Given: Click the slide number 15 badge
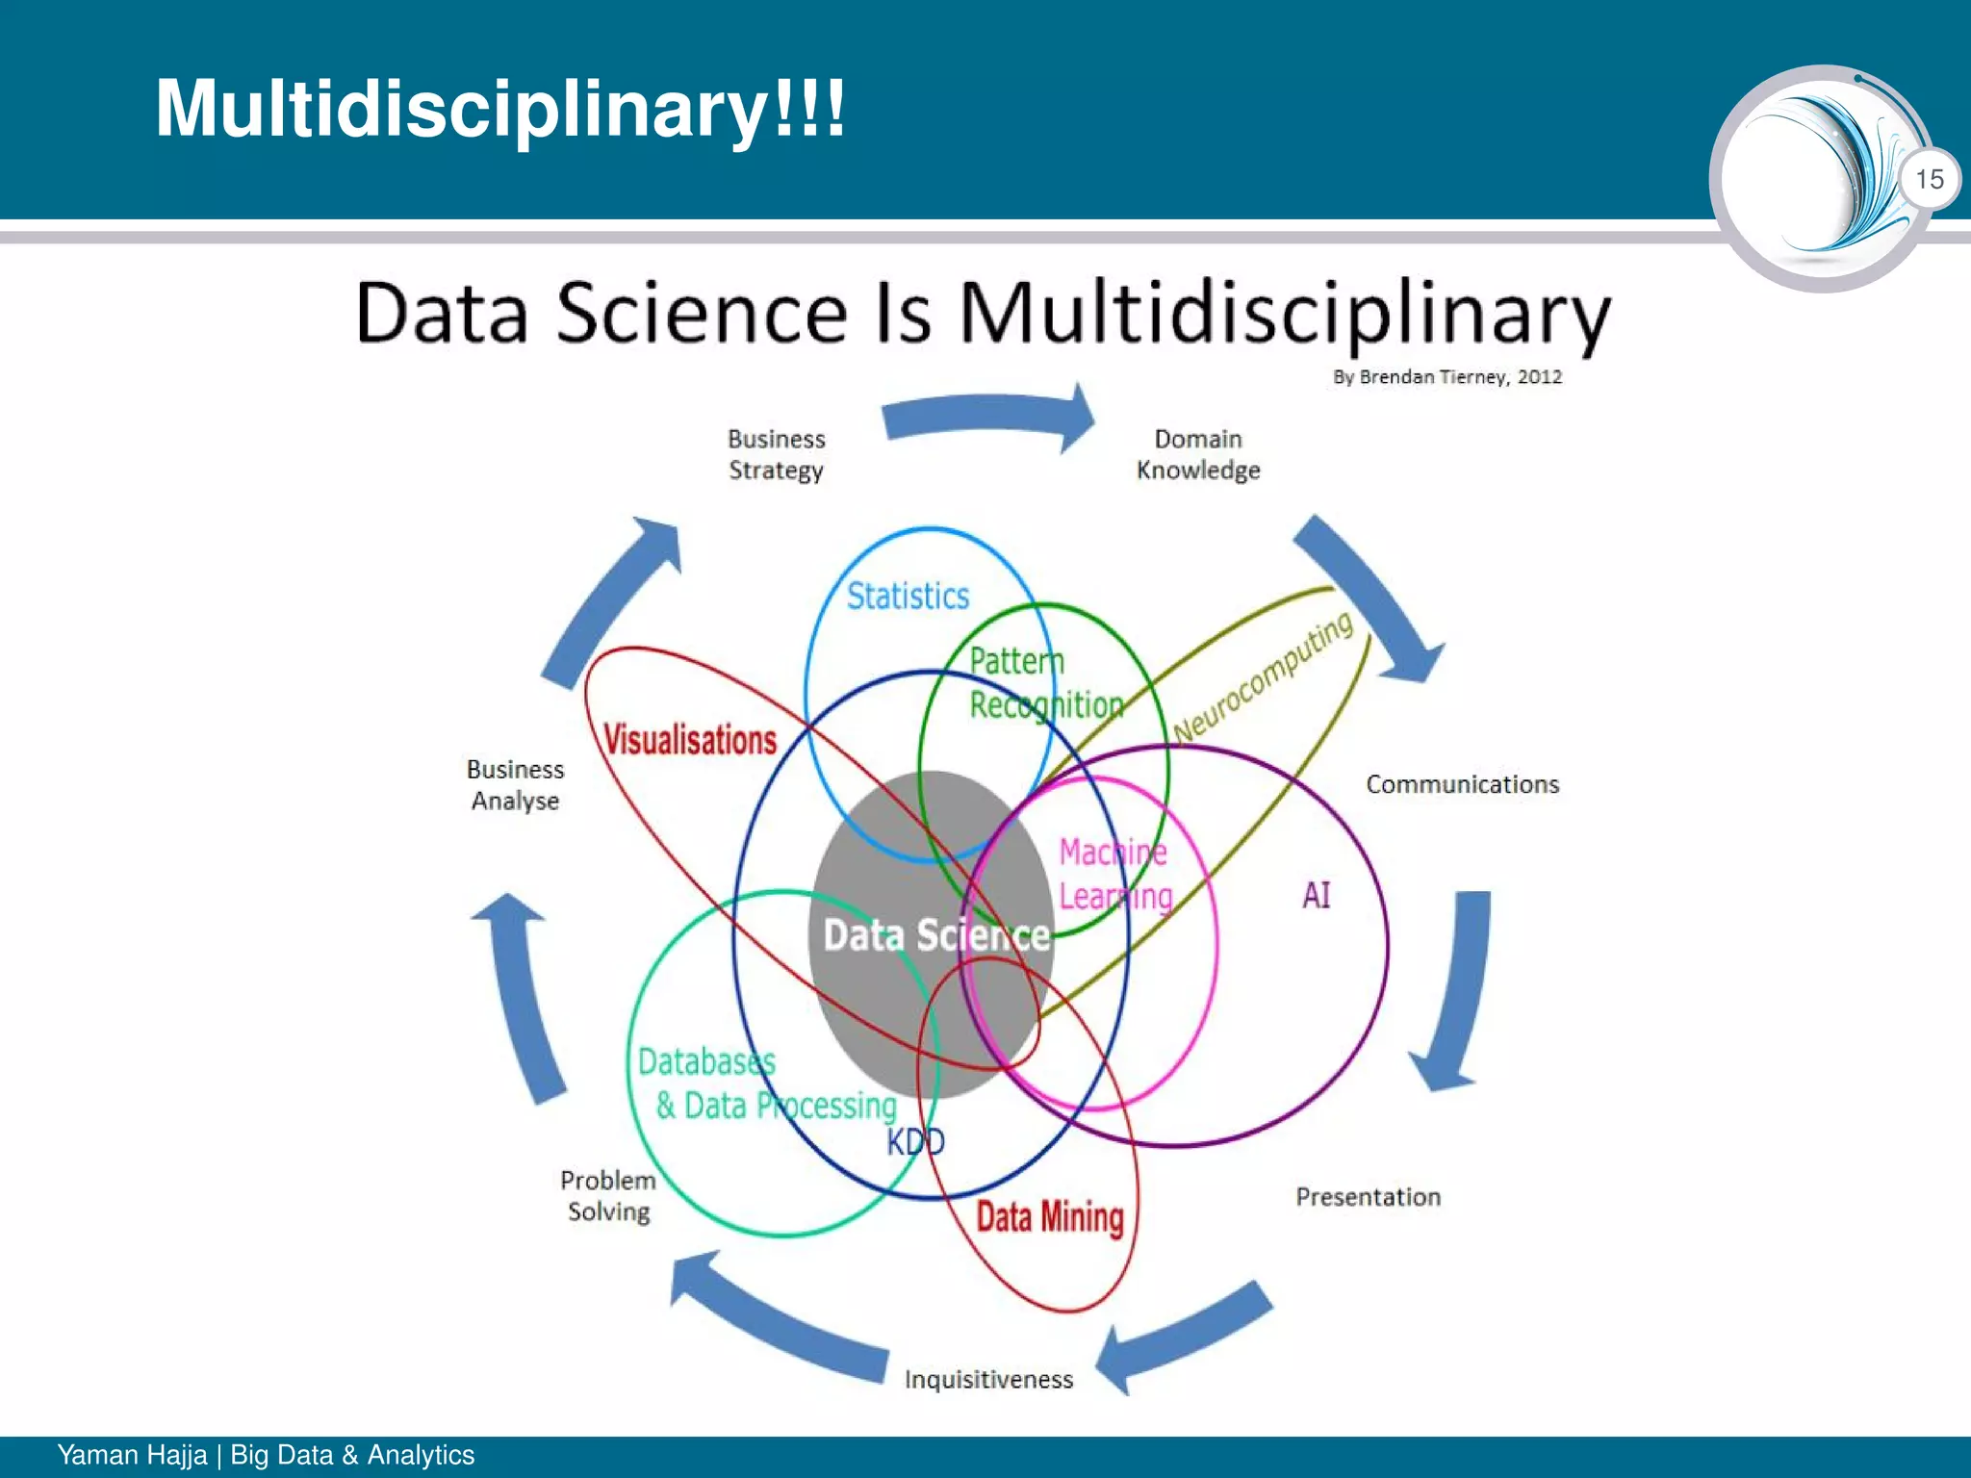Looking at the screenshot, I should (1929, 179).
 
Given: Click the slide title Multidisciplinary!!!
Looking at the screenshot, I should (500, 108).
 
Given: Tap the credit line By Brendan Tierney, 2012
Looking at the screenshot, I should (1446, 377).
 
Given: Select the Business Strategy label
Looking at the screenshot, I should (776, 454).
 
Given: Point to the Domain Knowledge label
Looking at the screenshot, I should (1198, 454).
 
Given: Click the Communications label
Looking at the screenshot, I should (1462, 784).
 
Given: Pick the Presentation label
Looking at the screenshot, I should (1368, 1197).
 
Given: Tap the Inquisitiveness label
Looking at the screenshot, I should (988, 1380).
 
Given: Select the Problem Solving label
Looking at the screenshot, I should (608, 1195).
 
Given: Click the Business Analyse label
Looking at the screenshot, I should (515, 784).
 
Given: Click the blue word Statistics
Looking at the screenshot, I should (908, 597).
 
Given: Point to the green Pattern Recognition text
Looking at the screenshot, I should (1045, 683).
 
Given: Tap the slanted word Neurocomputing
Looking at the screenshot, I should (1264, 678).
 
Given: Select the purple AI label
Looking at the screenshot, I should (1316, 896).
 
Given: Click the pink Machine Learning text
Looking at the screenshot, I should (1115, 875).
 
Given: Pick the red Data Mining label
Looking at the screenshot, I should (1050, 1217).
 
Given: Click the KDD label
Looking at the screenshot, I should (915, 1142).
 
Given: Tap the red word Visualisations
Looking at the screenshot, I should (690, 740).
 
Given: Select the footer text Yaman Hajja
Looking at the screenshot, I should (132, 1455).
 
